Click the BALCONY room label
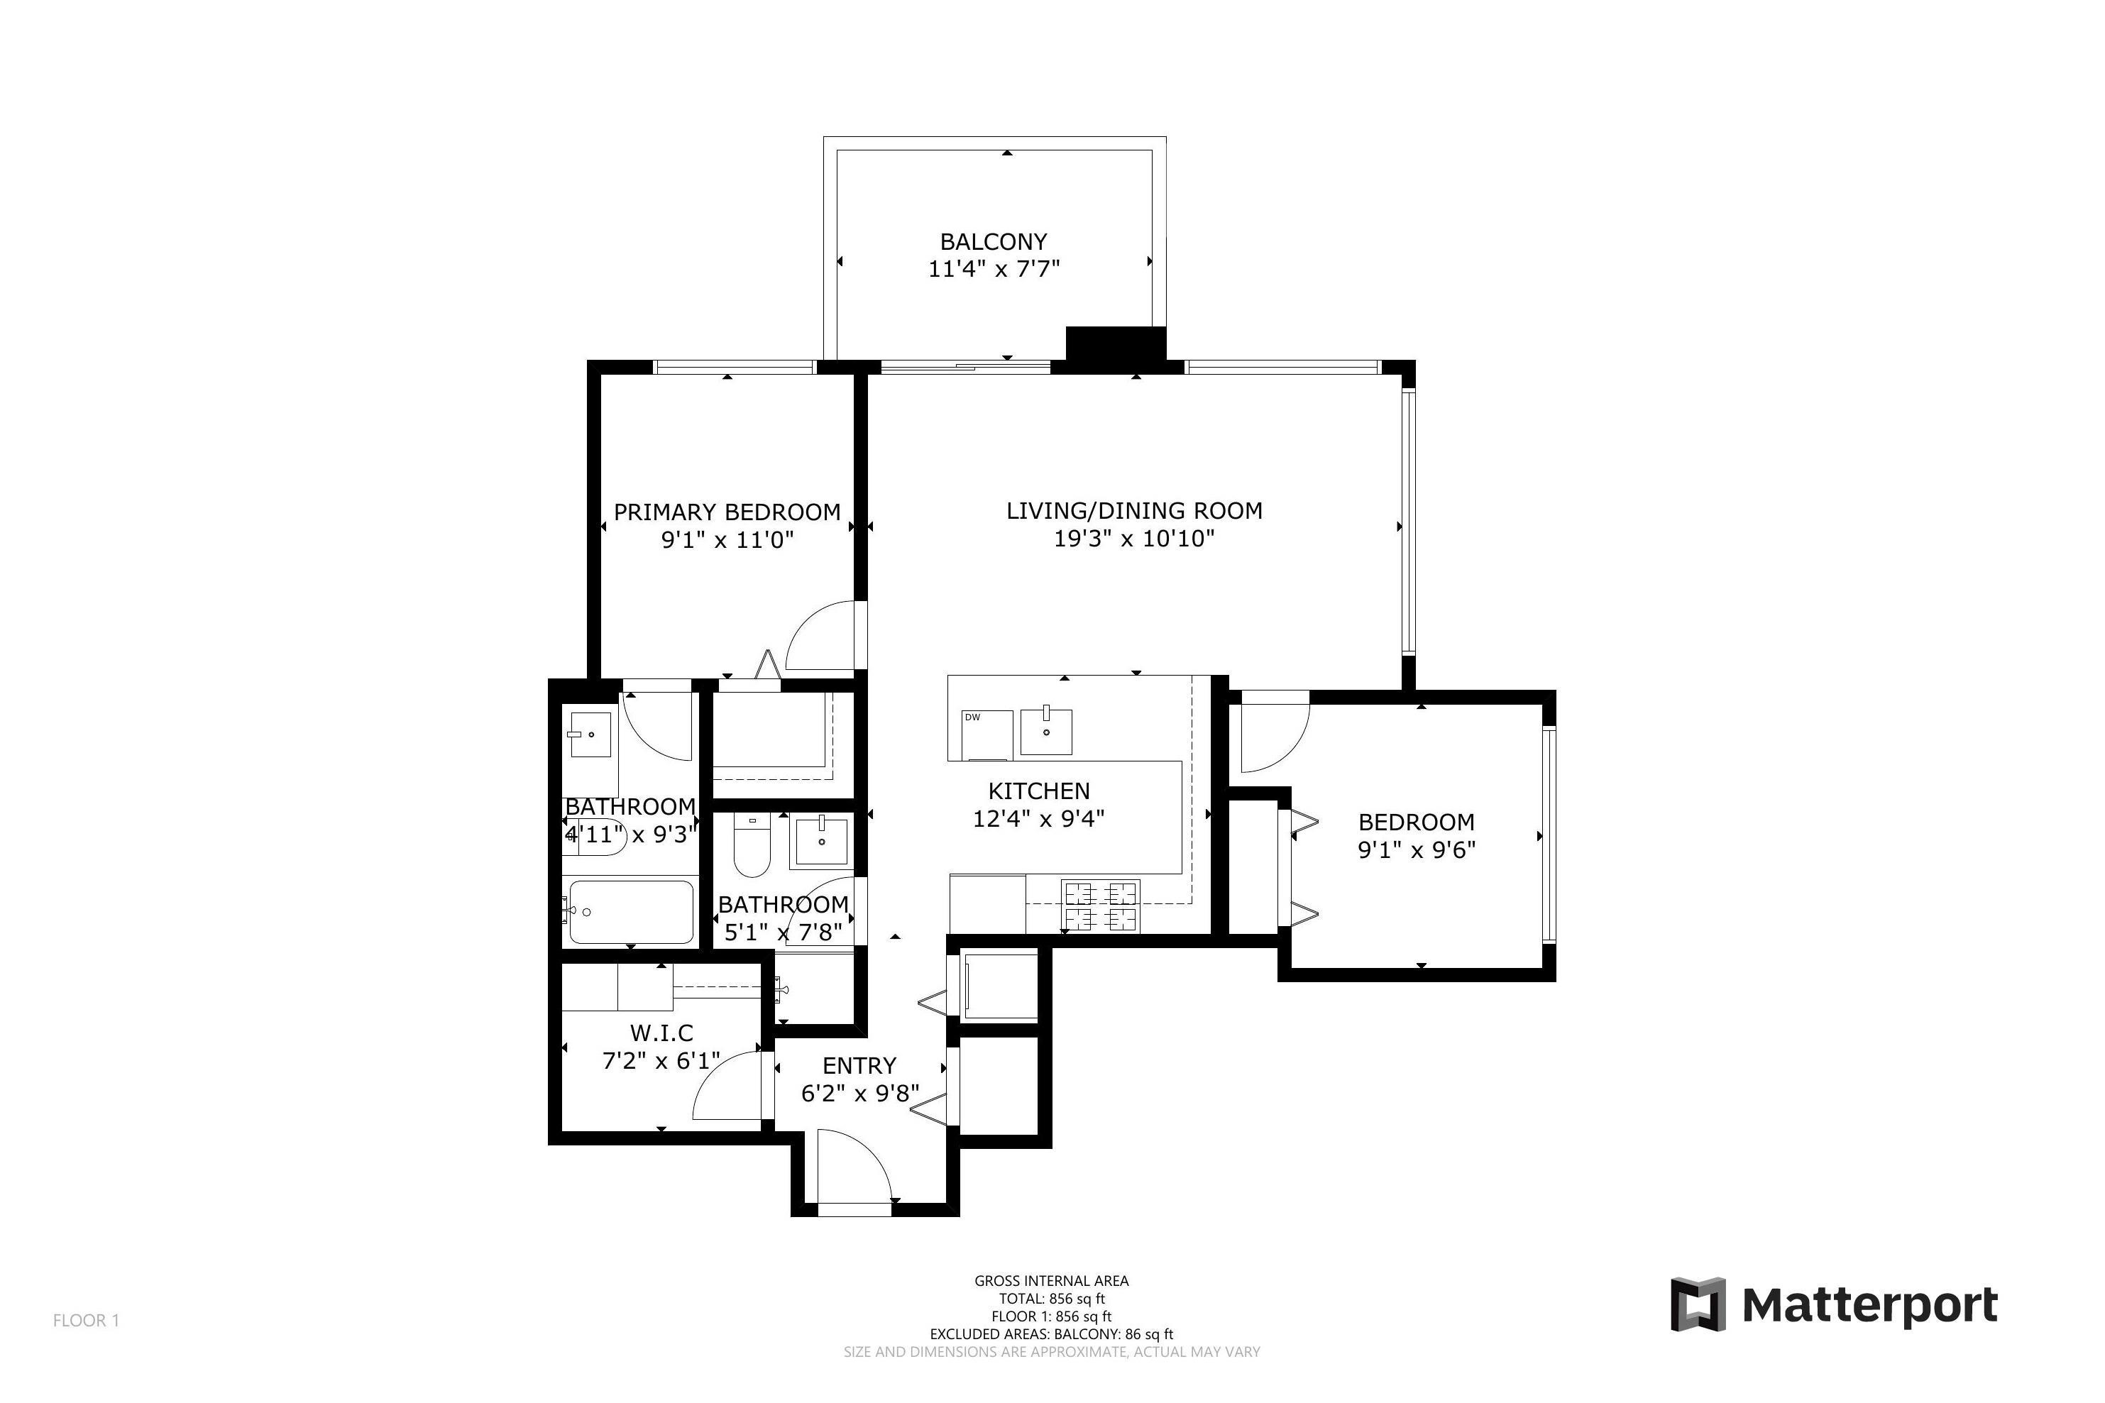pos(992,241)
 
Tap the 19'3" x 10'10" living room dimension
pos(1133,539)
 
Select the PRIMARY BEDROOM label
pos(727,512)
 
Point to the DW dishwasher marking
pos(972,717)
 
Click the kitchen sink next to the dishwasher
pos(1046,732)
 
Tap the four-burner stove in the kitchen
pos(1099,905)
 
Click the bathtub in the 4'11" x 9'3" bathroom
pos(631,912)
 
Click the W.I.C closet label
pos(661,1033)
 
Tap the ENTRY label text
pos(859,1066)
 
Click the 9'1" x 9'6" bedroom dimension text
pos(1416,849)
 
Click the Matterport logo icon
pos(1697,1304)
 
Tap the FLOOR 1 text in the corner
pos(86,1321)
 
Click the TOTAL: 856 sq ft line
pos(1051,1298)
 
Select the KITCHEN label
pos(1038,791)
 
